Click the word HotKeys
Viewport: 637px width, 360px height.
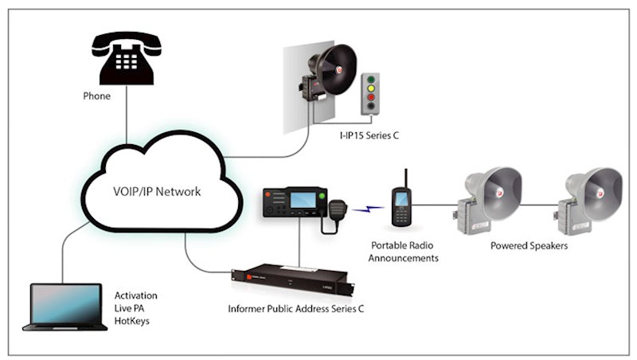pos(133,322)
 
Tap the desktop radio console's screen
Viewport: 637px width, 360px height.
pos(303,200)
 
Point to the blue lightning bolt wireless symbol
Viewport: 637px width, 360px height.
pos(367,209)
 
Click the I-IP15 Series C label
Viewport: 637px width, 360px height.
pos(368,136)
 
